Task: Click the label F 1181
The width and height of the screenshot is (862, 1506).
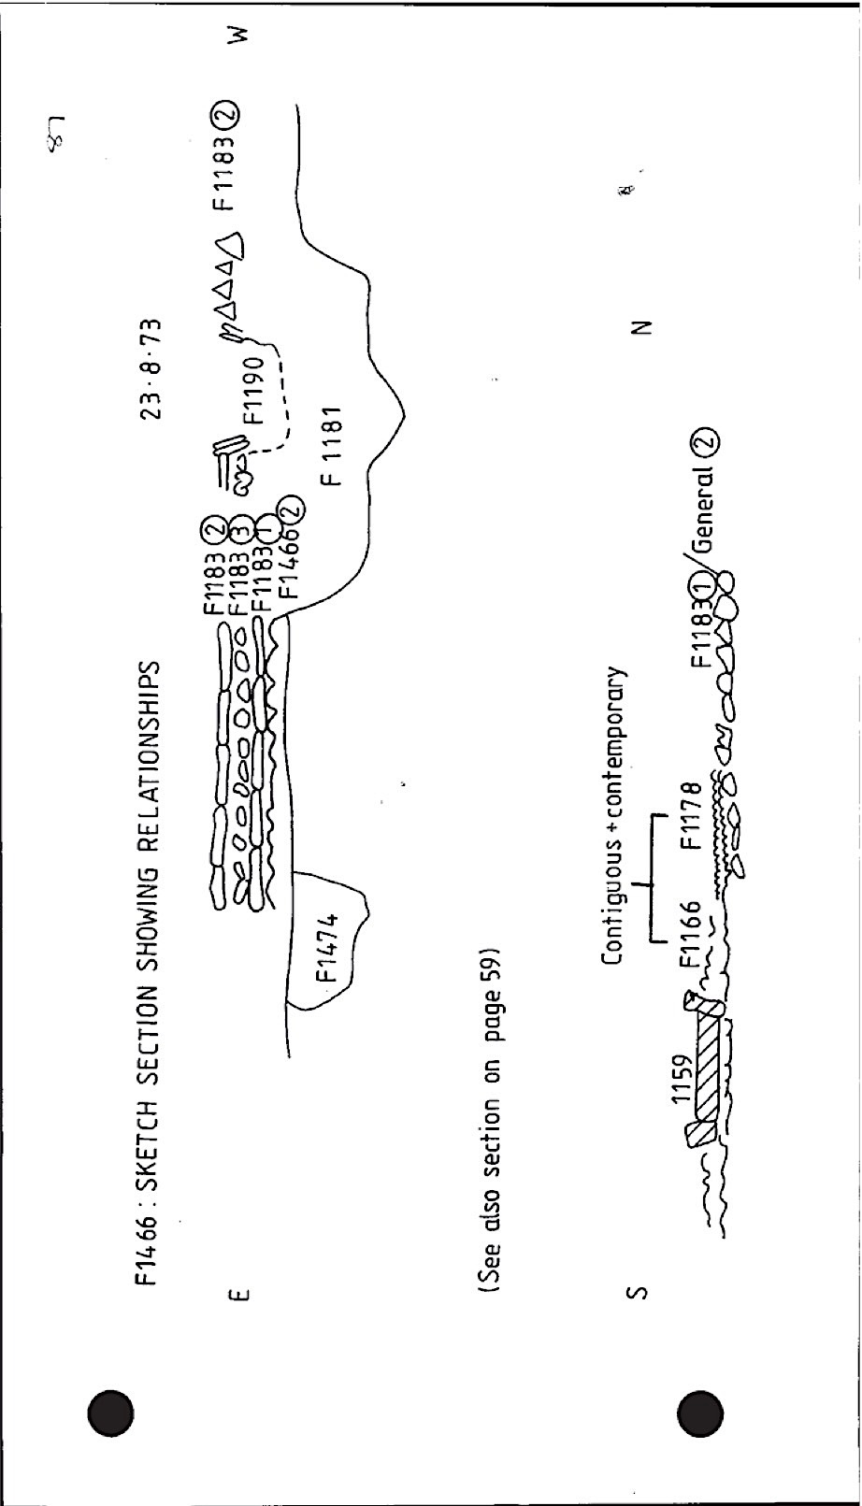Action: pyautogui.click(x=332, y=445)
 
